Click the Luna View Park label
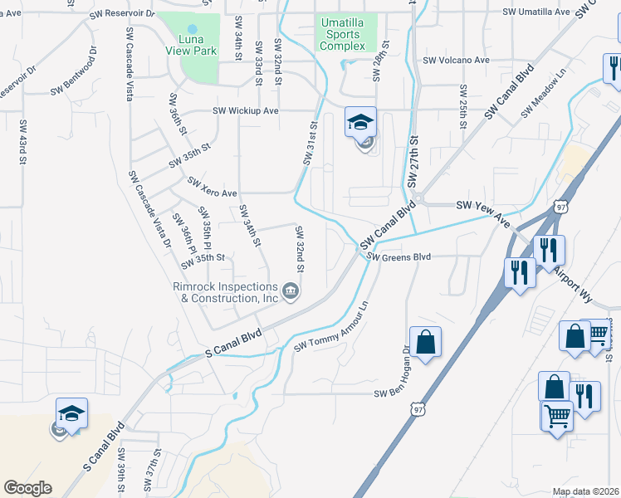pyautogui.click(x=192, y=45)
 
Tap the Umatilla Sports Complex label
pyautogui.click(x=342, y=35)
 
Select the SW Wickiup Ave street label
pyautogui.click(x=246, y=110)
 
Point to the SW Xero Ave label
pyautogui.click(x=213, y=187)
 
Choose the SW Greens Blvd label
pyautogui.click(x=400, y=257)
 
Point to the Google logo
pyautogui.click(x=27, y=487)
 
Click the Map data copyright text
pyautogui.click(x=586, y=491)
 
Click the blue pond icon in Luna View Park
pyautogui.click(x=192, y=28)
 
